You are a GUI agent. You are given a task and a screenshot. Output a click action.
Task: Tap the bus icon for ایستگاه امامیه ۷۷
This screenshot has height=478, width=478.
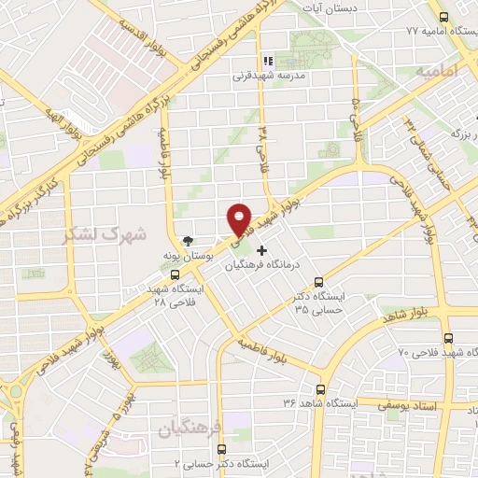click(x=443, y=17)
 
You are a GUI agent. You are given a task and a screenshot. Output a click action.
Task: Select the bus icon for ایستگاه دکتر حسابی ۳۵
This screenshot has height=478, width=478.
click(x=318, y=282)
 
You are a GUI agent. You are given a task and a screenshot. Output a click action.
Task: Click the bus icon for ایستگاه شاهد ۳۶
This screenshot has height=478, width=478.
click(x=321, y=389)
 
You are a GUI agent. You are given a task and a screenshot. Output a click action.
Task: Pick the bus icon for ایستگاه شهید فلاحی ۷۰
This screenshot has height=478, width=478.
click(x=449, y=339)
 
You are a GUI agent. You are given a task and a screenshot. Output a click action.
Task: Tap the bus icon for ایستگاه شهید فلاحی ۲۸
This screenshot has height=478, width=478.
click(x=176, y=274)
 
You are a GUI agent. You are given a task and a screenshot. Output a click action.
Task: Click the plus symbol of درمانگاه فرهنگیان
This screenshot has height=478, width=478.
click(x=261, y=250)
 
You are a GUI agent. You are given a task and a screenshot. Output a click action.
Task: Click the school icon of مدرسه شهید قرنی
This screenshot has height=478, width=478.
click(x=269, y=61)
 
